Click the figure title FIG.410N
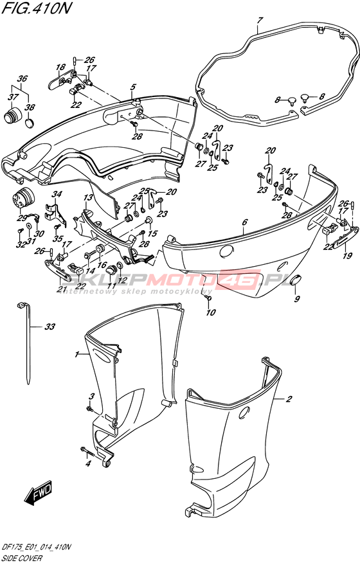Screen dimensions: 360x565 (x=35, y=8)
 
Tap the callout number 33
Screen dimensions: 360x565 (x=50, y=327)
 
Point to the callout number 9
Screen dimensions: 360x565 (x=297, y=299)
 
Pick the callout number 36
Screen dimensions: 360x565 (x=22, y=79)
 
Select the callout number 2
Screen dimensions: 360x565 (x=289, y=399)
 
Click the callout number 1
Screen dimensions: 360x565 (x=76, y=355)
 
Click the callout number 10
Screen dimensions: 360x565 (x=210, y=312)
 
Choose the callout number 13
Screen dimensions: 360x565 (x=88, y=198)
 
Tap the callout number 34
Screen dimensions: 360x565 (x=56, y=195)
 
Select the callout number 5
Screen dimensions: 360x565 (x=133, y=87)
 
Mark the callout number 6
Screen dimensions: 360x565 (x=245, y=222)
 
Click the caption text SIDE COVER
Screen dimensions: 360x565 (x=22, y=559)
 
